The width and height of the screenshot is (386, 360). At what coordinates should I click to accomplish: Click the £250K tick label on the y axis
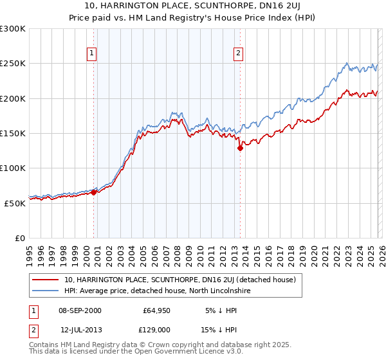point(13,64)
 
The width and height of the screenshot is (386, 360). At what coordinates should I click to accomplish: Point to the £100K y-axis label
point(13,168)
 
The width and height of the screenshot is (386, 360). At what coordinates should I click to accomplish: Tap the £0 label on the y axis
point(20,238)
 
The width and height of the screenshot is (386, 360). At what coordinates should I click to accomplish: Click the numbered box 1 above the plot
point(91,53)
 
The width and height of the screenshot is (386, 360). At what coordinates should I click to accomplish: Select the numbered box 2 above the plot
point(238,53)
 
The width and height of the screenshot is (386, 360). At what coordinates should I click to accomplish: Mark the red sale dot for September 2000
point(94,192)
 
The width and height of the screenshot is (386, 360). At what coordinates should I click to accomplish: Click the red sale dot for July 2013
point(240,148)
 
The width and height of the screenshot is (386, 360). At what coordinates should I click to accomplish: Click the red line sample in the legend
point(46,280)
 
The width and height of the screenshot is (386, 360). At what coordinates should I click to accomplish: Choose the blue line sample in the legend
point(46,291)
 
